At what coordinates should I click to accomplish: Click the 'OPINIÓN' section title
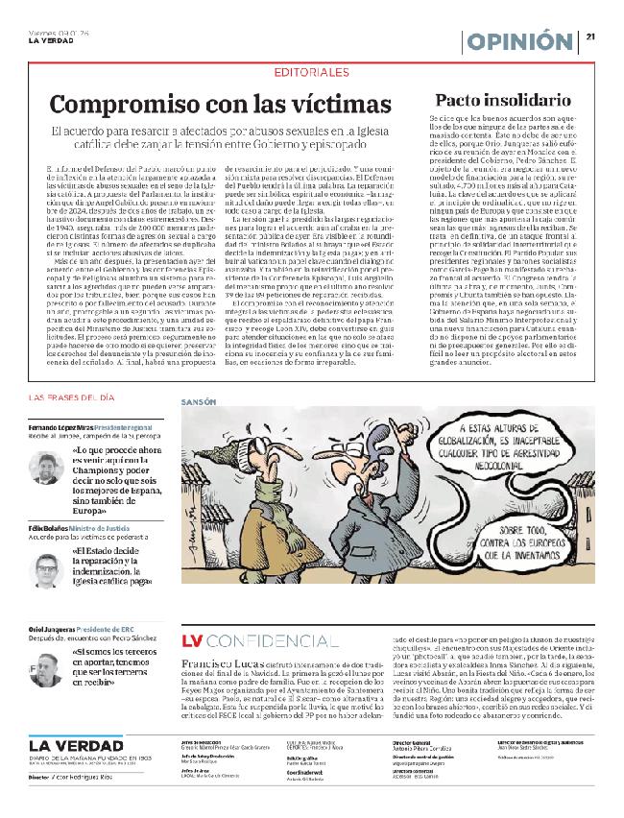522,41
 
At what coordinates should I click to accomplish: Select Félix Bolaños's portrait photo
46,569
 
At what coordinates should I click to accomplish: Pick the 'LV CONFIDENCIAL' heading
252,639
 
